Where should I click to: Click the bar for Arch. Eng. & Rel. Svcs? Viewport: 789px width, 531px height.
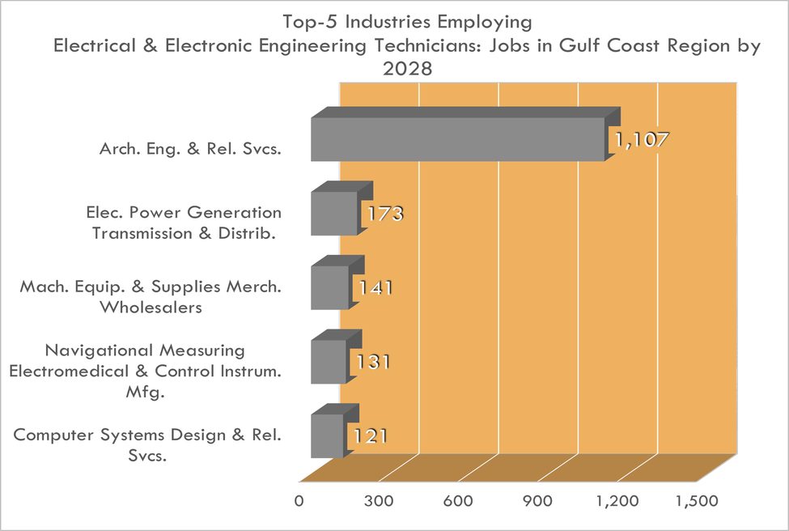tap(457, 139)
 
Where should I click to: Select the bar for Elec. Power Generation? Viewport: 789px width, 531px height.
tap(333, 214)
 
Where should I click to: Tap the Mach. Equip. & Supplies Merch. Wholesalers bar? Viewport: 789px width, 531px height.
tap(329, 287)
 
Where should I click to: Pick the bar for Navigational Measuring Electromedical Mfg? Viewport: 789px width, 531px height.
tap(329, 361)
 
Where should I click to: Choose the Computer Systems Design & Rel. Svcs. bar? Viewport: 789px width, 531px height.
tap(327, 435)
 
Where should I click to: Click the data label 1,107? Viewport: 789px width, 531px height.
tap(641, 140)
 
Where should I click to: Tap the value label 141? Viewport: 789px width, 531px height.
tap(372, 289)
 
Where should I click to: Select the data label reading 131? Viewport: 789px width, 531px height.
tap(371, 362)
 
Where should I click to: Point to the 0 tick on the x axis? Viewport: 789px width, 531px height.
tap(300, 501)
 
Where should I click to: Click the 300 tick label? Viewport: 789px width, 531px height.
tap(379, 501)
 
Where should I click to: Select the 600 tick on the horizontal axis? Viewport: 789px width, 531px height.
tap(458, 501)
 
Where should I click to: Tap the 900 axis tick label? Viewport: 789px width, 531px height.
tap(537, 501)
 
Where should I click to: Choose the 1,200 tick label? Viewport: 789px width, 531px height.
tap(616, 501)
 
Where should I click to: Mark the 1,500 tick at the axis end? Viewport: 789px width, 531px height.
tap(695, 501)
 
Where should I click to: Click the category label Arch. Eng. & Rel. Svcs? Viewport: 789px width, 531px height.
tap(190, 149)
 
